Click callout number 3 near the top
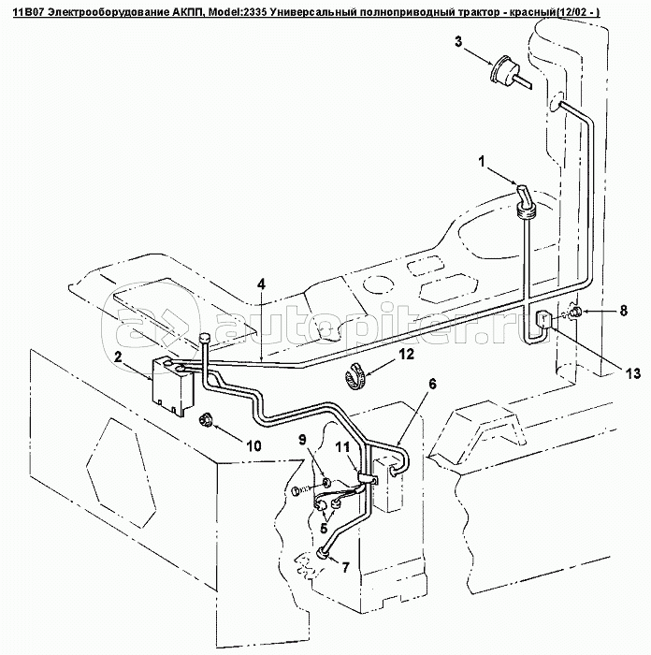(458, 42)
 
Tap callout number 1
(483, 161)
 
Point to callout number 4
(261, 284)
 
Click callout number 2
(119, 357)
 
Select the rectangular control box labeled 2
(172, 382)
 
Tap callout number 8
(624, 311)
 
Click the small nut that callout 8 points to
(577, 312)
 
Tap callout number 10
(254, 445)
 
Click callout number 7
(345, 567)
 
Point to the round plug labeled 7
(323, 554)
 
